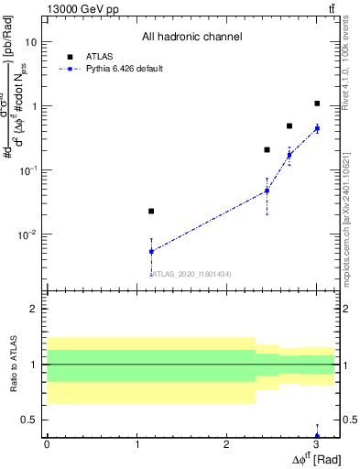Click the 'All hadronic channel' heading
[191, 38]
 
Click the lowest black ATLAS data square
[151, 212]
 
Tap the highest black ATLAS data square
[317, 104]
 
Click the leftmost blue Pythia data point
[151, 251]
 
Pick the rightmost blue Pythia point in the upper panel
[317, 128]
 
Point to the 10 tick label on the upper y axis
[30, 42]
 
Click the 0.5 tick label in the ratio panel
[28, 420]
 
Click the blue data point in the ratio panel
[317, 436]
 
